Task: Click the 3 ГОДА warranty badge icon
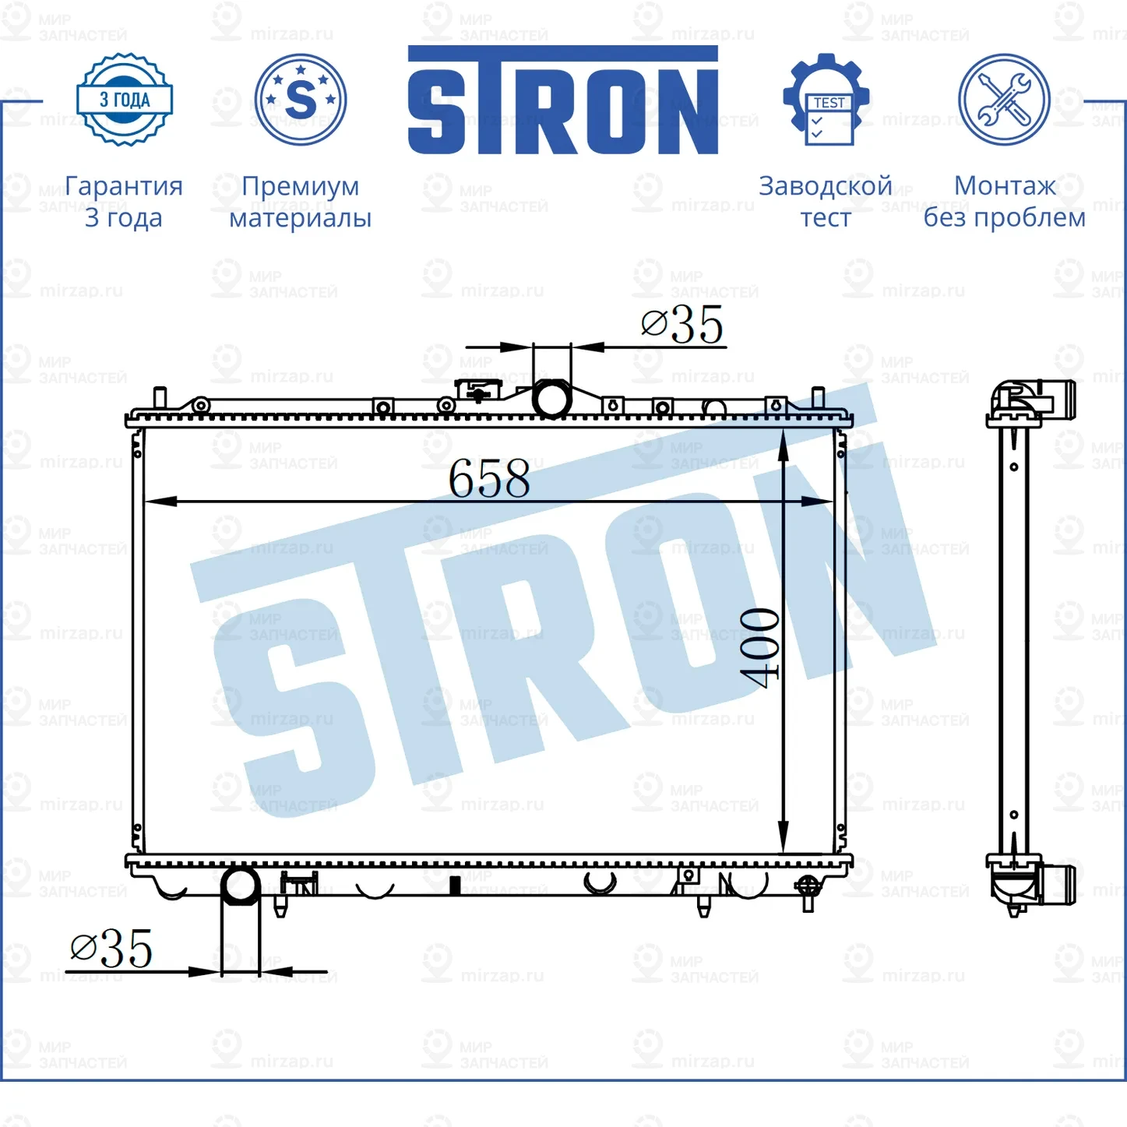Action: tap(125, 100)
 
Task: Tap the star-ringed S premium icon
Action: tap(301, 100)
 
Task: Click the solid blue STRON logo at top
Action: tap(562, 101)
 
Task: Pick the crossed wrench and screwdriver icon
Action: tap(1004, 100)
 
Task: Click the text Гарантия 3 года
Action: tap(124, 202)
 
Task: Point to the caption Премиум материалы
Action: tap(301, 202)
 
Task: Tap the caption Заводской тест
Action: tap(826, 202)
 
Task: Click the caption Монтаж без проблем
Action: tap(1004, 202)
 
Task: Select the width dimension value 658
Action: tap(489, 478)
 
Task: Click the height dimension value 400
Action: tap(759, 648)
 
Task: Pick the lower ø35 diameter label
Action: tap(111, 949)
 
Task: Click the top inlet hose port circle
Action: tap(551, 399)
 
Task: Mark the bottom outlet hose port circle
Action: tap(241, 886)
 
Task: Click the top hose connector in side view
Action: tap(1044, 400)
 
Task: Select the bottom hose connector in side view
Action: tap(1044, 885)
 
